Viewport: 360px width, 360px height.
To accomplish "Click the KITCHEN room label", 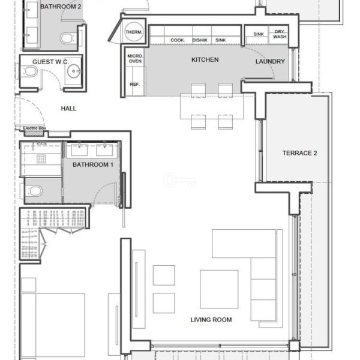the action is point(205,59).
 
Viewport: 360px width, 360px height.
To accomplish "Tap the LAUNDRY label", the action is point(270,61).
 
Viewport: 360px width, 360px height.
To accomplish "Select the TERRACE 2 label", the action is point(299,153).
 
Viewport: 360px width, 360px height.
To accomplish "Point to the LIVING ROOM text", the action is point(211,319).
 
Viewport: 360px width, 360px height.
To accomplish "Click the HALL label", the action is point(68,109).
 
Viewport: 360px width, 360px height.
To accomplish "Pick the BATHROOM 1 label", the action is point(93,164).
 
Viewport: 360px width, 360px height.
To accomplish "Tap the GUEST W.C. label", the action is point(50,62).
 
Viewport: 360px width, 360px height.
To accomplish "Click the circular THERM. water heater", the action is point(134,32).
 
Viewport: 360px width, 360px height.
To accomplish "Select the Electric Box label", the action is point(34,128).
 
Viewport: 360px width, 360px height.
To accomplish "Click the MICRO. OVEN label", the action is point(135,59).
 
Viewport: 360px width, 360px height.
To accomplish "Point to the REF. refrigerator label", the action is point(134,84).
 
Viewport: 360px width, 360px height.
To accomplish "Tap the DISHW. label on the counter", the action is point(200,40).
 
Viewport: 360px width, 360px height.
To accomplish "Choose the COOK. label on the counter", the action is point(178,40).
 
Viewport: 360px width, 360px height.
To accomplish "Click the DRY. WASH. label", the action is point(280,34).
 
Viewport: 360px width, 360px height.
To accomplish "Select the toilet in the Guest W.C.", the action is point(29,71).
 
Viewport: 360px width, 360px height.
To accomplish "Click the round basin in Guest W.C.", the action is point(74,71).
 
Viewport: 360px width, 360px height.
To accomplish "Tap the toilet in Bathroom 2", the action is point(67,38).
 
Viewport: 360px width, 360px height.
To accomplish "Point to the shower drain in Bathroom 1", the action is point(41,159).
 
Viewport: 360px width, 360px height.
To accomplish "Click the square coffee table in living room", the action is point(219,289).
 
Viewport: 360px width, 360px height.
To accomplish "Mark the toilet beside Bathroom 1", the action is point(34,191).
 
